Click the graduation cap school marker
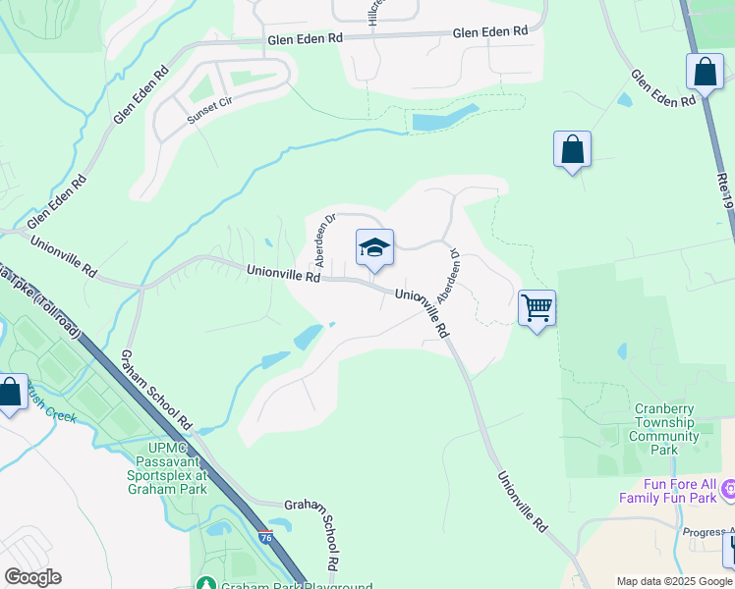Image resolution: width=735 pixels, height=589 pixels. click(374, 247)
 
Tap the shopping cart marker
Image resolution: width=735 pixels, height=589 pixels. click(537, 308)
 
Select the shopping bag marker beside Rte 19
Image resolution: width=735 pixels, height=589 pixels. click(705, 72)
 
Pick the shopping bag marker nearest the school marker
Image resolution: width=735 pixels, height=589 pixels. click(572, 150)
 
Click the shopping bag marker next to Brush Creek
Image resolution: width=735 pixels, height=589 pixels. click(10, 393)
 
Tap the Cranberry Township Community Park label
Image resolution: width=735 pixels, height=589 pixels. click(665, 428)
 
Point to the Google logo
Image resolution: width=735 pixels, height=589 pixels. click(32, 577)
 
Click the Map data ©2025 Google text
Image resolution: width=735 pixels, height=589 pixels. click(673, 581)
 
